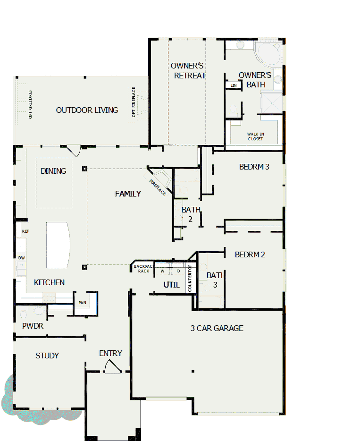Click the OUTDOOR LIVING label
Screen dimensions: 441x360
tap(87, 110)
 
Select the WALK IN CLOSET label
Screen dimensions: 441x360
tap(255, 136)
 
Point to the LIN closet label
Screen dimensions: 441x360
tap(234, 85)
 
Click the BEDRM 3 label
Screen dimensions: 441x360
tap(254, 167)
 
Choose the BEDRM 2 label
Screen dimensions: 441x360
tap(250, 254)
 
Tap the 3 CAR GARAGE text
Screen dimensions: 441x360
tap(217, 328)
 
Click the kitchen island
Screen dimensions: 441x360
tap(59, 245)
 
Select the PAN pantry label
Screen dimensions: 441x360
tap(82, 303)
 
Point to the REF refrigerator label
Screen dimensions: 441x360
tap(25, 231)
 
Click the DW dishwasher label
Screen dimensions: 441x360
tap(21, 258)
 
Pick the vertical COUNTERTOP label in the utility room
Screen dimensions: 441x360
tap(190, 278)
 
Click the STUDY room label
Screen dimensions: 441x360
tap(47, 356)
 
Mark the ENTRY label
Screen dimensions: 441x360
tap(110, 353)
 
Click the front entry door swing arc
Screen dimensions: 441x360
tap(112, 367)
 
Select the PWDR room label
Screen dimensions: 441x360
tap(33, 326)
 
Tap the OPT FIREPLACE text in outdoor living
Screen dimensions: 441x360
tap(134, 102)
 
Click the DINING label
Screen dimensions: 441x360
tap(53, 171)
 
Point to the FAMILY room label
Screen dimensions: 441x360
tap(128, 194)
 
